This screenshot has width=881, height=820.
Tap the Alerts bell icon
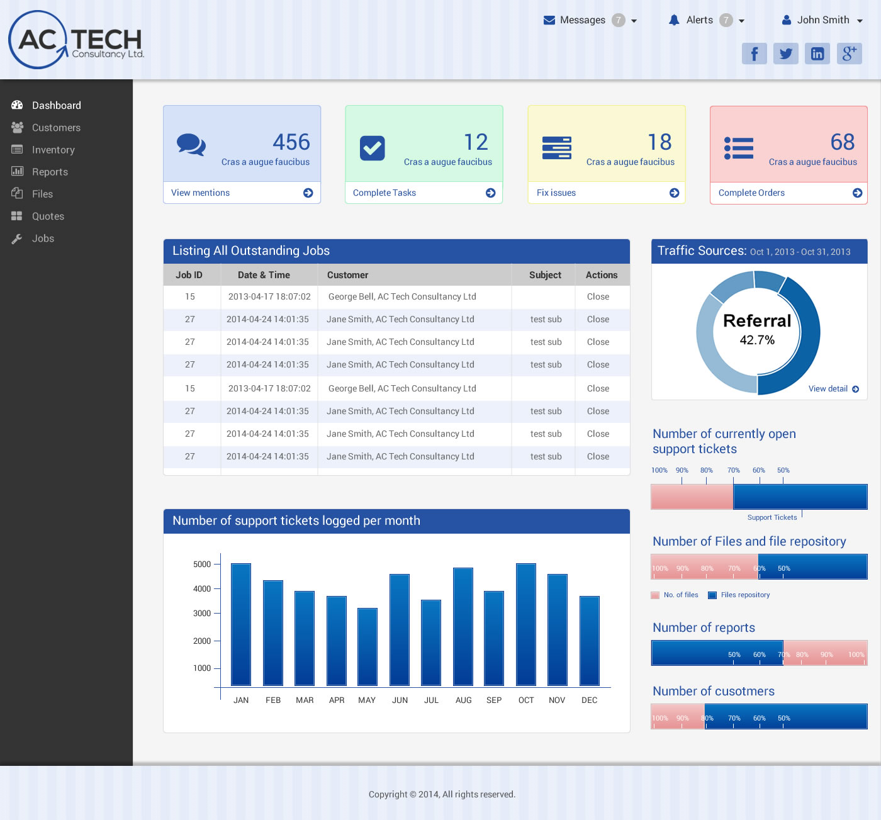[674, 20]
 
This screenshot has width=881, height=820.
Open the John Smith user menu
[822, 20]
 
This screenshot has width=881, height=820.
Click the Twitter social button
[786, 53]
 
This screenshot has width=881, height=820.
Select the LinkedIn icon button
[817, 53]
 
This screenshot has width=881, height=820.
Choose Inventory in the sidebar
[53, 150]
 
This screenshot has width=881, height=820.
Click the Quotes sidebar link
[48, 216]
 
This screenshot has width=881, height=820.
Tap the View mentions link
[201, 193]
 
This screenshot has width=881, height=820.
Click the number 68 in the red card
[842, 142]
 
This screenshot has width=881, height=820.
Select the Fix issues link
[556, 193]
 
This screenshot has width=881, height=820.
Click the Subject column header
[545, 275]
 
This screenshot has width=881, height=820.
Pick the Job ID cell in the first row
[190, 296]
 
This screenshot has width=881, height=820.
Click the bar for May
[368, 646]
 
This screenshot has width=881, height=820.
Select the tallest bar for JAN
[241, 624]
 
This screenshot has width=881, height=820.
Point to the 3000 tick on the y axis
[203, 613]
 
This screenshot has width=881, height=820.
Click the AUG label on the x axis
[464, 700]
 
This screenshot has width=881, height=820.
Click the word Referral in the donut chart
[757, 321]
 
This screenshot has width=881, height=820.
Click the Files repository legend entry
[745, 595]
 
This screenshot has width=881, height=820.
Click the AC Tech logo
[76, 40]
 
